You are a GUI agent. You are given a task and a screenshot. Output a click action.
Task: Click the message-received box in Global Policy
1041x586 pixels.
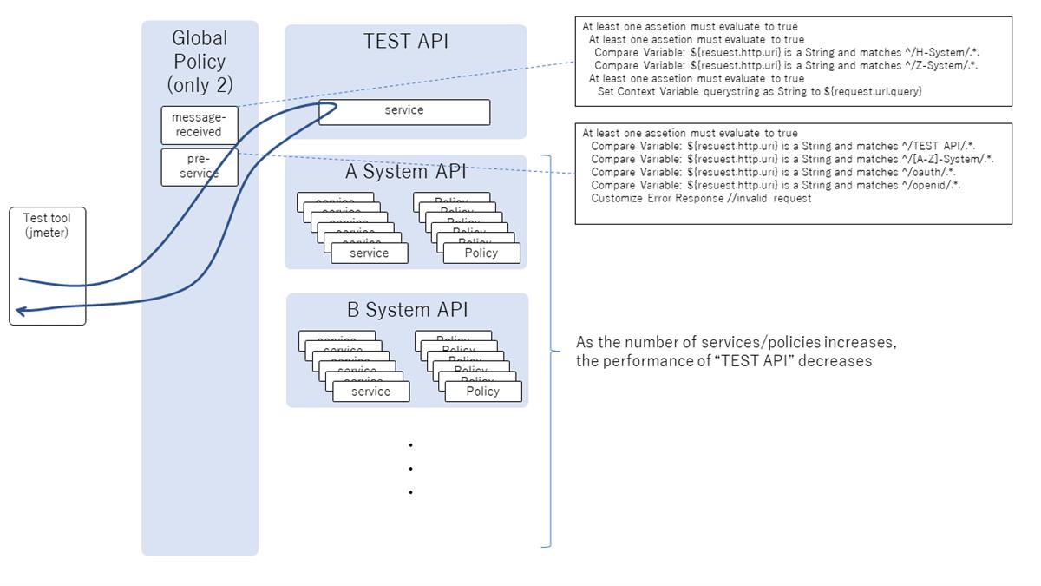coord(199,125)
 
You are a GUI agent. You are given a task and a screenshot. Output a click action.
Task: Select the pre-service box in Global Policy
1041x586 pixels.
coord(199,167)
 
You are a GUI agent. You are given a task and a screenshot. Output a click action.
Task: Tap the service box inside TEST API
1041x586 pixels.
coord(403,111)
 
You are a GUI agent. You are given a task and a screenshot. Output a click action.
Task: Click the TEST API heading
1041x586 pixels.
coord(405,42)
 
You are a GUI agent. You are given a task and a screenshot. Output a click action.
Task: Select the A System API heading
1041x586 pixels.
coord(405,172)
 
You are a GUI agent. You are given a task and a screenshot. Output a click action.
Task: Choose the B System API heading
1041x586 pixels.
coord(406,310)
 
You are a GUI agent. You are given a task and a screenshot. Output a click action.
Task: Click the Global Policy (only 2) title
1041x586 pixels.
coord(200,61)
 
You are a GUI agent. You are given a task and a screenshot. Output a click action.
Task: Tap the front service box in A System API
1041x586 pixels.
coord(369,253)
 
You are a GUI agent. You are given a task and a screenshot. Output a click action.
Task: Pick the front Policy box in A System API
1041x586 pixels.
coord(481,253)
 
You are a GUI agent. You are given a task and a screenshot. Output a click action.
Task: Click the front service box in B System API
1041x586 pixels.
coord(370,392)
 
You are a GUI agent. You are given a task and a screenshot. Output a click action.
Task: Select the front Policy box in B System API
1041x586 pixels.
coord(483,392)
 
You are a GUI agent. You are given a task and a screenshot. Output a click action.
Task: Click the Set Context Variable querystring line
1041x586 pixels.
coord(759,91)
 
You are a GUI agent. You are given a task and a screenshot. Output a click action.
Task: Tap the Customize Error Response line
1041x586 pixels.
coord(701,198)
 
